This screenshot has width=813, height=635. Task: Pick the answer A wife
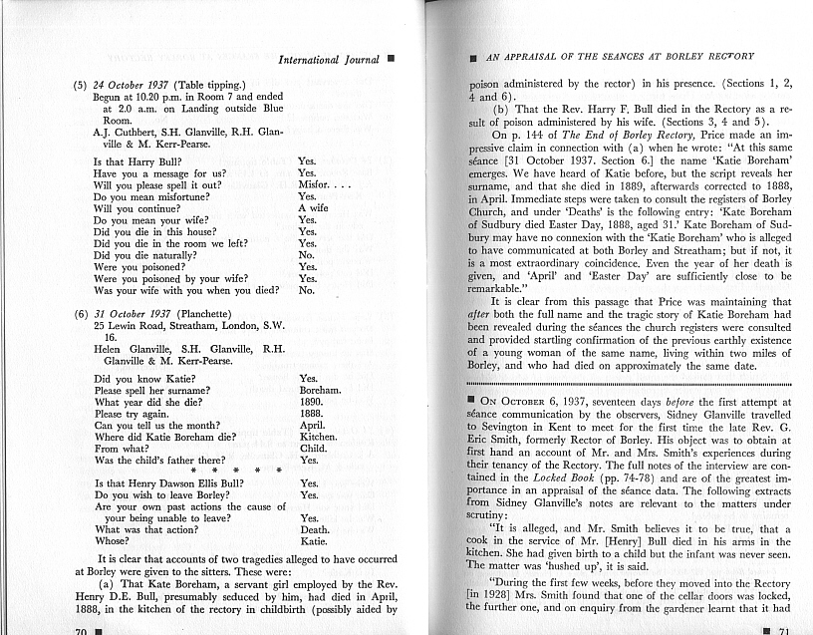[x=314, y=209]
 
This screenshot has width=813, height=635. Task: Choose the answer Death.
[x=316, y=529]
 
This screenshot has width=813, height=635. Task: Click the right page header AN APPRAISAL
[x=619, y=57]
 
